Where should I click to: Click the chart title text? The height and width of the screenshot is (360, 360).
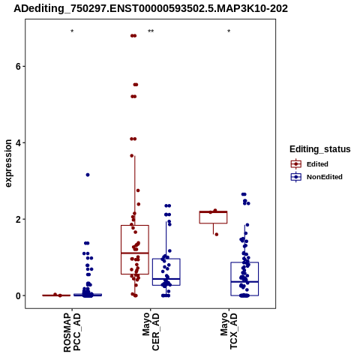point(151,9)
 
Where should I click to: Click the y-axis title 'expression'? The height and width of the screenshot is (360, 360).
point(8,163)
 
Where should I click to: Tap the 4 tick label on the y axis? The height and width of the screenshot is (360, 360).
point(18,143)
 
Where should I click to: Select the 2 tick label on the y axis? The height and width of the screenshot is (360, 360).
point(18,220)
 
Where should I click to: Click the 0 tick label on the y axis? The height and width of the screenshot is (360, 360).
point(18,296)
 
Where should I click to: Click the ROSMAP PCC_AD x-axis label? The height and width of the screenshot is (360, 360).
point(72,332)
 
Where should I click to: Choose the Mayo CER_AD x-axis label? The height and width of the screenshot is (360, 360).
point(151,331)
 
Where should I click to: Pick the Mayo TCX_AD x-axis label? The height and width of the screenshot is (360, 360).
point(229,331)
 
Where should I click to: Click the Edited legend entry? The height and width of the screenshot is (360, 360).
point(309,164)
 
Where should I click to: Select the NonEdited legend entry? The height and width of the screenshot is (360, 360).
point(316,177)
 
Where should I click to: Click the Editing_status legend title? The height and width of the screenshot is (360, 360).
point(320,149)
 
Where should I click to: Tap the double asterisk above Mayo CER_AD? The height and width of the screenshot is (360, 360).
point(151,31)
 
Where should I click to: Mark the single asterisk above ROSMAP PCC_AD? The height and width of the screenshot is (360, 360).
point(72,31)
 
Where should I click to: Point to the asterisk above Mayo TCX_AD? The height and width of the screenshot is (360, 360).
point(229,31)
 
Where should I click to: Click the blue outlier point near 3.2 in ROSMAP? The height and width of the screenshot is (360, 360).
point(88,175)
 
